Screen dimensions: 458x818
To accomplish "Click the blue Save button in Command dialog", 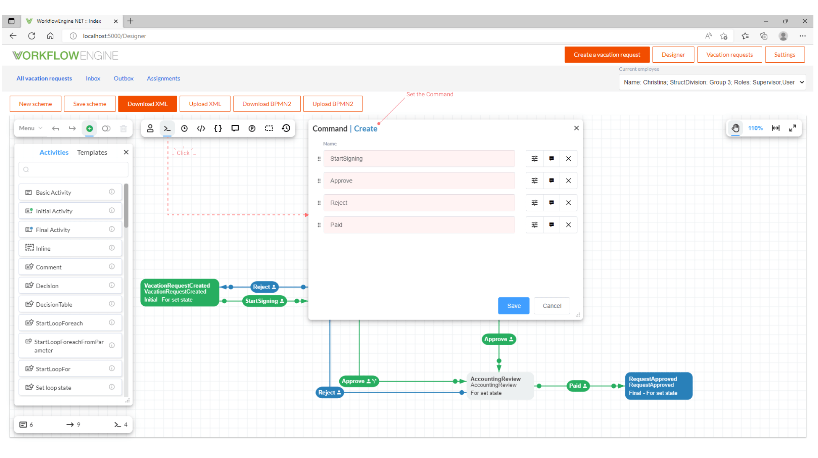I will click(x=513, y=306).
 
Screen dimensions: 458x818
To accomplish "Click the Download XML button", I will click(x=147, y=104).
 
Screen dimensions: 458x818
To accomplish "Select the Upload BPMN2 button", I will click(x=332, y=104).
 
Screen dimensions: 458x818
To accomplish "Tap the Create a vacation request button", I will click(x=606, y=55).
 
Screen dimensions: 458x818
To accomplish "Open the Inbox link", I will click(x=93, y=79).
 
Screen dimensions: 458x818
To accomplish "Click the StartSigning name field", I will click(x=419, y=159).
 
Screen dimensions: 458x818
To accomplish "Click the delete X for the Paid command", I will click(x=568, y=225).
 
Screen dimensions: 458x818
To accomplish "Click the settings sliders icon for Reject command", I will click(x=534, y=203).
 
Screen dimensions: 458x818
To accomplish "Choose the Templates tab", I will click(x=92, y=152).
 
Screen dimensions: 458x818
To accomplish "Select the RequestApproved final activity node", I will click(x=658, y=386).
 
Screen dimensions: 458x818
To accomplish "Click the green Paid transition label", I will click(x=577, y=386).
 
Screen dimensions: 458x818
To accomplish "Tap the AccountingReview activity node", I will click(x=499, y=386).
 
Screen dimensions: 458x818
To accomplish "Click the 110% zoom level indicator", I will click(x=755, y=128).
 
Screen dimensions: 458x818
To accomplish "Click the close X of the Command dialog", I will click(x=576, y=128).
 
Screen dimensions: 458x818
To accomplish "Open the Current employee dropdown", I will click(x=712, y=82).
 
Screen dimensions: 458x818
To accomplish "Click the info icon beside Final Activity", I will click(x=112, y=229).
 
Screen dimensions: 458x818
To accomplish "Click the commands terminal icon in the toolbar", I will click(x=167, y=128).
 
